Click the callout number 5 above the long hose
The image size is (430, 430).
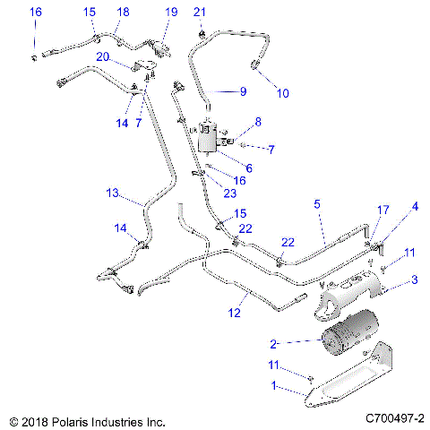click(x=317, y=204)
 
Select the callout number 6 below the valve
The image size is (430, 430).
click(x=249, y=168)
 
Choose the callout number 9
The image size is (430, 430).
click(x=241, y=91)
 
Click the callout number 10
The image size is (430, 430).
click(x=282, y=92)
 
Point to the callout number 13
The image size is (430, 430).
click(x=111, y=193)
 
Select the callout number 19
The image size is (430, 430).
click(x=171, y=12)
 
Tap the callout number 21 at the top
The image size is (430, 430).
click(x=201, y=11)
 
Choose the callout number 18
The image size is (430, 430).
click(x=123, y=12)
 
